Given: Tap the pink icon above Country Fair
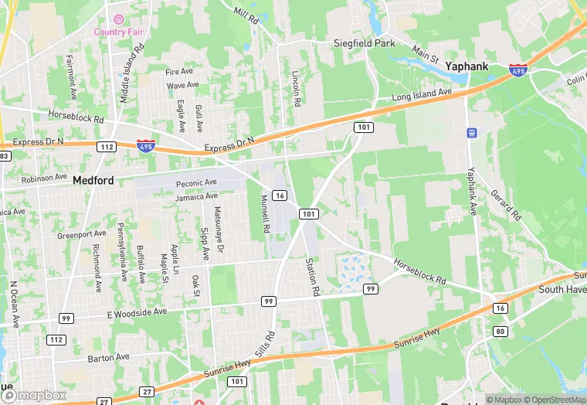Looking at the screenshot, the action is click(118, 19).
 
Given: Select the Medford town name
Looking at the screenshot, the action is click(93, 181).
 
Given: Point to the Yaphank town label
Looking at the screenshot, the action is click(467, 66).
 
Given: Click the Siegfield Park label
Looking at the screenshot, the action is click(365, 43).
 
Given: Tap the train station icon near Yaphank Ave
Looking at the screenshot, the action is click(471, 132).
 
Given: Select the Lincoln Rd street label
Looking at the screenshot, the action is click(296, 88).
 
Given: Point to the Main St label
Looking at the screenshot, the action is click(425, 53).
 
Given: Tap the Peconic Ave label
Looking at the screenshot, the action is click(196, 183).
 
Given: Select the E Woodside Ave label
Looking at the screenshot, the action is click(137, 312).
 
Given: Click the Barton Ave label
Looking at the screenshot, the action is click(108, 358).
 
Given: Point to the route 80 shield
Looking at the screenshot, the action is click(500, 332).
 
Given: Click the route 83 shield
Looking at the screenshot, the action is click(4, 156).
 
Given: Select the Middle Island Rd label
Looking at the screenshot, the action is click(131, 73).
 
